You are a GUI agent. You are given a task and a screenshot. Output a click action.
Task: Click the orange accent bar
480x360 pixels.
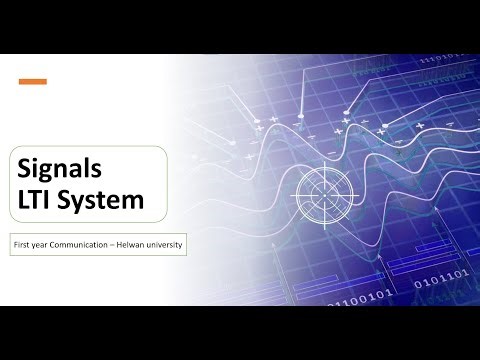click(x=33, y=82)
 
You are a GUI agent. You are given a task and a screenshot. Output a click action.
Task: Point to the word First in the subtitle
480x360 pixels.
click(x=22, y=244)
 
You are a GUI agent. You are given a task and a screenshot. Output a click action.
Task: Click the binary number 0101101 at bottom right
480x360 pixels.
click(x=440, y=290)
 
